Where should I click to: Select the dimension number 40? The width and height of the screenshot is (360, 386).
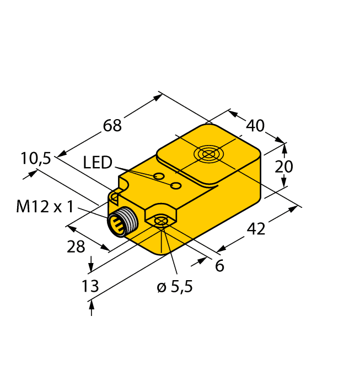coord(255,126)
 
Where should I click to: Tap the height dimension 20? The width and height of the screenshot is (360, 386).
coord(284,166)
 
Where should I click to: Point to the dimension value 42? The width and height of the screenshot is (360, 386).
coord(255,227)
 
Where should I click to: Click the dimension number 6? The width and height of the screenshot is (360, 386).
coord(219,266)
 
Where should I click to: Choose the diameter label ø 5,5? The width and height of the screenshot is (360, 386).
coord(175,287)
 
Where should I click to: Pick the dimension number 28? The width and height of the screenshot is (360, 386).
coord(76,246)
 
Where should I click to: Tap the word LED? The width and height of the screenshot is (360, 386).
coord(98,162)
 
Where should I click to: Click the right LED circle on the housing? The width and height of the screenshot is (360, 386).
coord(176,185)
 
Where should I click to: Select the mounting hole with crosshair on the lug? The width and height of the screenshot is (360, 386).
coord(161,222)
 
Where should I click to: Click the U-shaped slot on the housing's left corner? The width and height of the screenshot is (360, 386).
coord(115,196)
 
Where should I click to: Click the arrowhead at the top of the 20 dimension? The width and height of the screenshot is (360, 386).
coord(284,147)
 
